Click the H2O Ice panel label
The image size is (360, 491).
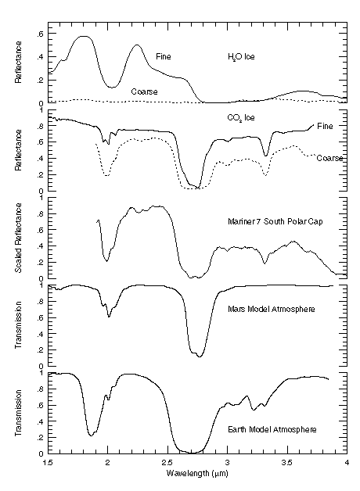pyautogui.click(x=241, y=57)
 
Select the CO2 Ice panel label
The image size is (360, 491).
pyautogui.click(x=241, y=118)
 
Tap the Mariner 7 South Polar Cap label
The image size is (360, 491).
pyautogui.click(x=275, y=222)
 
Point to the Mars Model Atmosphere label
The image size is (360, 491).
pyautogui.click(x=272, y=310)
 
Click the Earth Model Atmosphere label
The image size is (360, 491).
pyautogui.click(x=272, y=429)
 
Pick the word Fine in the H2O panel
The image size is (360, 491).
pyautogui.click(x=164, y=56)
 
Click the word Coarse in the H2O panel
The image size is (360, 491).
pyautogui.click(x=144, y=91)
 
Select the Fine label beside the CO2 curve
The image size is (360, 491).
pyautogui.click(x=325, y=126)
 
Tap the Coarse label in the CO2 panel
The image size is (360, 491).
pyautogui.click(x=329, y=159)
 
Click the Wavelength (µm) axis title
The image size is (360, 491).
pyautogui.click(x=197, y=473)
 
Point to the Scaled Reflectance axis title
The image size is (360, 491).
pyautogui.click(x=19, y=238)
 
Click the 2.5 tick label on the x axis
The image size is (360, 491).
pyautogui.click(x=167, y=463)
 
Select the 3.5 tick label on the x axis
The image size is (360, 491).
pyautogui.click(x=287, y=463)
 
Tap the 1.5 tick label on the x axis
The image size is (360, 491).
pyautogui.click(x=49, y=463)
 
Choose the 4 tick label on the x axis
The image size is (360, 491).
pyautogui.click(x=347, y=463)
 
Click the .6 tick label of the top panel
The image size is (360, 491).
pyautogui.click(x=40, y=34)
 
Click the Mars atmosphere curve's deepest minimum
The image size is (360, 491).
pyautogui.click(x=200, y=357)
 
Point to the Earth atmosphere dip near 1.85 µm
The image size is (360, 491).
pyautogui.click(x=91, y=435)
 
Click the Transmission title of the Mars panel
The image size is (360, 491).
pyautogui.click(x=19, y=325)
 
